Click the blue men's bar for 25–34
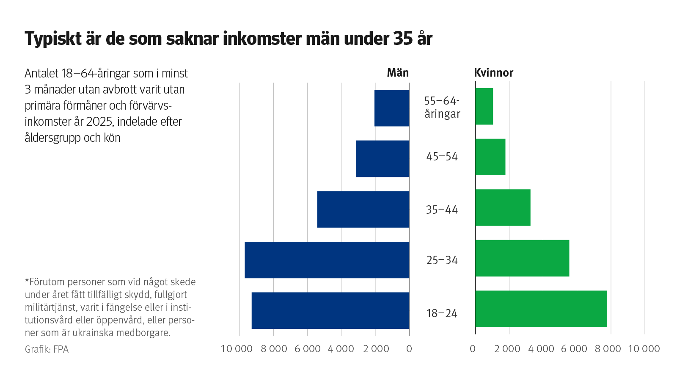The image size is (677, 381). coord(327,260)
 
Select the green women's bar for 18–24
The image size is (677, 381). coord(541,309)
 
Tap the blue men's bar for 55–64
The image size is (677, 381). coord(392,108)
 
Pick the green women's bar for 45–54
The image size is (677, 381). coord(490,157)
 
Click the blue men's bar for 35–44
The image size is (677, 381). coord(363,209)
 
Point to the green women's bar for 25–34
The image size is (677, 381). coord(522,258)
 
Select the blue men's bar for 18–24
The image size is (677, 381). coord(330,310)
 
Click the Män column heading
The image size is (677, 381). coord(398,73)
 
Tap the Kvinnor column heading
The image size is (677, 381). coord(493,73)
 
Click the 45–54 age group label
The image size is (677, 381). coord(442,157)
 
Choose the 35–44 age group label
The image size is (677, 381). coord(442,210)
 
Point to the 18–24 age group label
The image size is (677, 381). coord(442,313)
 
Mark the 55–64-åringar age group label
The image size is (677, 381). coord(442,107)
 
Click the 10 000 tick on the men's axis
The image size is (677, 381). coord(237,349)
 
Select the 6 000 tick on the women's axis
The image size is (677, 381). coord(574,349)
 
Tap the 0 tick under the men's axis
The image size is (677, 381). coord(409,349)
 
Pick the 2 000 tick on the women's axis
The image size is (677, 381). coord(507,349)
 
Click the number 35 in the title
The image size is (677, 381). coord(403,39)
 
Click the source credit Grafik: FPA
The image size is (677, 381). coord(47,349)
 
